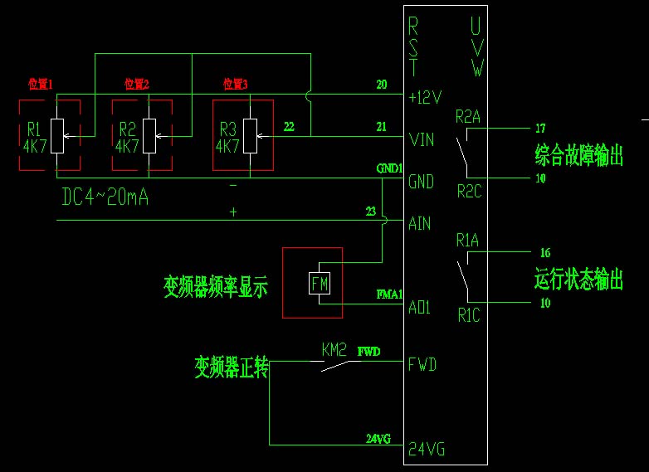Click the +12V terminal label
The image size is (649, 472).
(x=426, y=97)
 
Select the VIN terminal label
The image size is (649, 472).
(x=422, y=139)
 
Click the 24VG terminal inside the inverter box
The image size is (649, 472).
(x=427, y=450)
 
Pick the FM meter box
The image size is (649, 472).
(x=320, y=283)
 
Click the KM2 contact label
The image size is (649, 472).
(x=334, y=350)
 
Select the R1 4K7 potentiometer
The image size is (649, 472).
(x=56, y=136)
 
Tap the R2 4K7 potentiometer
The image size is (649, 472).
(x=149, y=136)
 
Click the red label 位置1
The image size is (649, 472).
(x=40, y=84)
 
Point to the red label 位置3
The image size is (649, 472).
(x=236, y=84)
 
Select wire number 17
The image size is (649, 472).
(x=541, y=128)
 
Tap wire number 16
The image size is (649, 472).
(x=544, y=253)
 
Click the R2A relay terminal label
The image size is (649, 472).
(x=468, y=117)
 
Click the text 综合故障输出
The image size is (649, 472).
(x=578, y=155)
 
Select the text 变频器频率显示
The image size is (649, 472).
(x=216, y=288)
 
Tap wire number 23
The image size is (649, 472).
(x=370, y=211)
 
